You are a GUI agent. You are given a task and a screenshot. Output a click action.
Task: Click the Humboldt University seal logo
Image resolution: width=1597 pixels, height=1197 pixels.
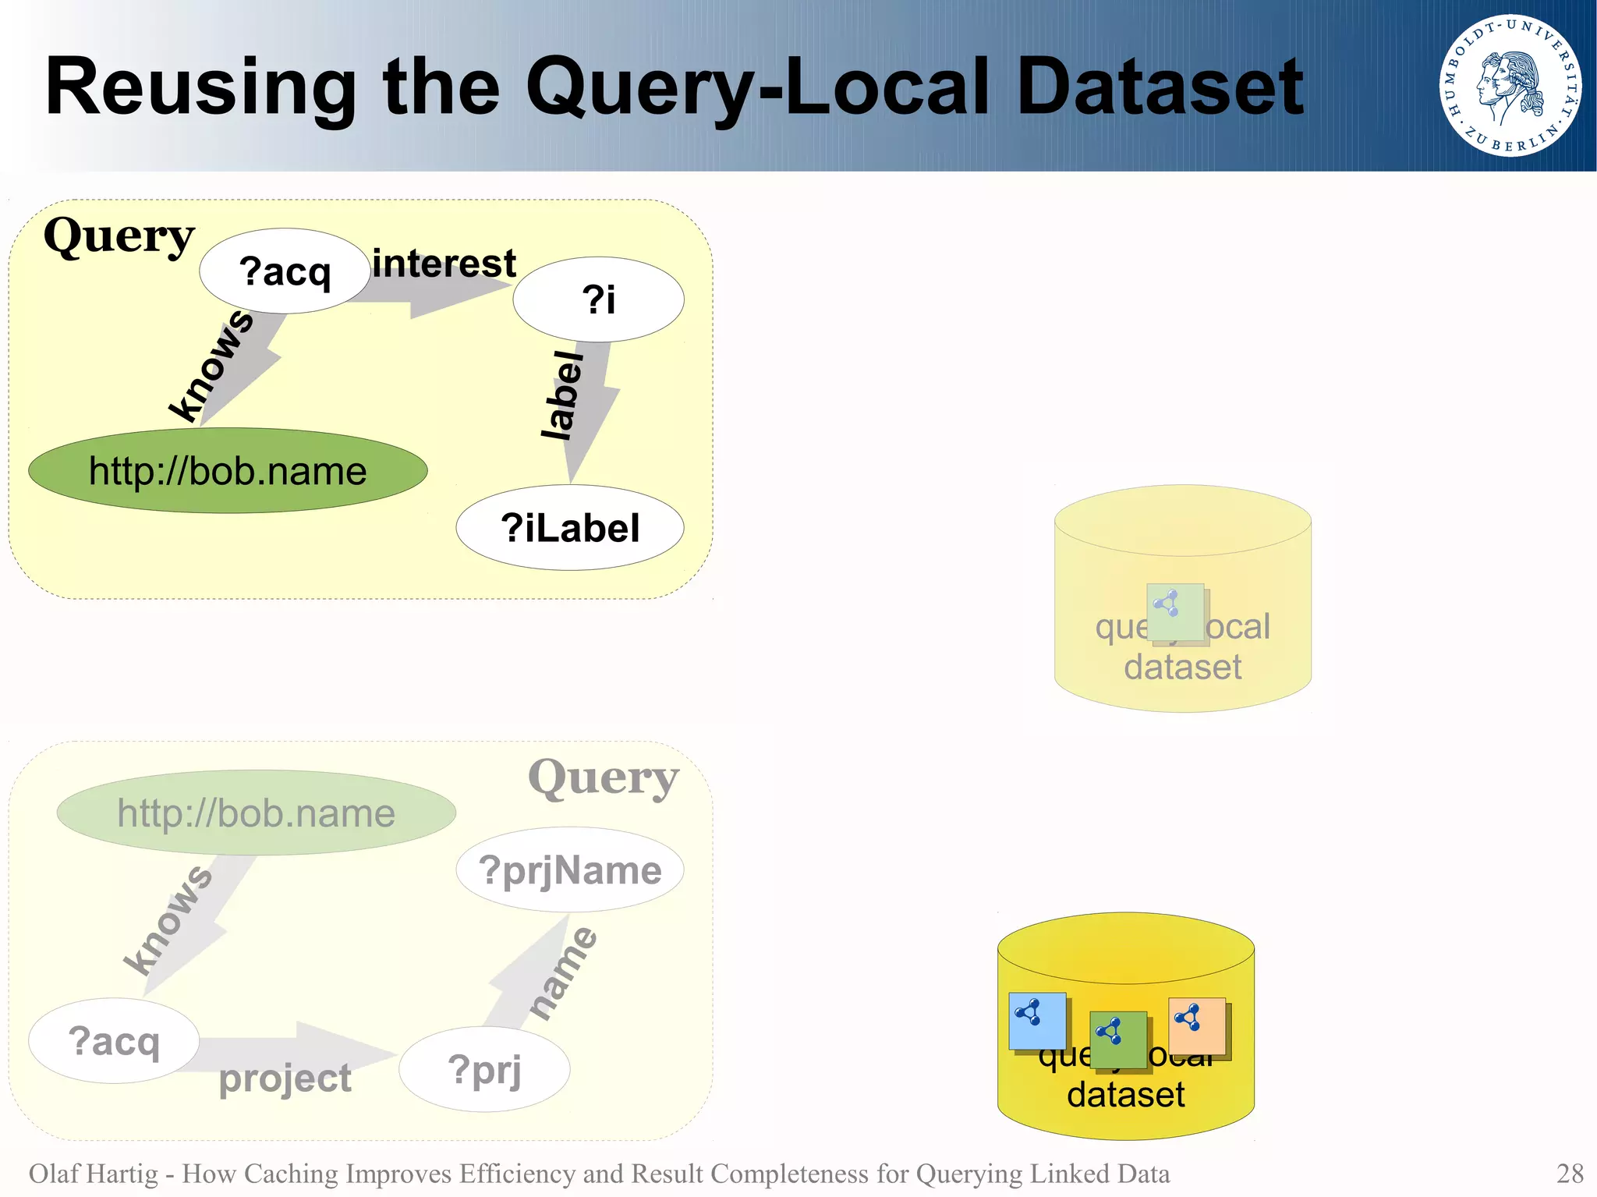[1510, 85]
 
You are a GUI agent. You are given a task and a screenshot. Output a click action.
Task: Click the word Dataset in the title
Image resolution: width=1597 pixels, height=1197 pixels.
[1160, 87]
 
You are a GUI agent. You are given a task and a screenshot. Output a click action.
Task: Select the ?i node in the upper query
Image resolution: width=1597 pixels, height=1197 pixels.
[598, 299]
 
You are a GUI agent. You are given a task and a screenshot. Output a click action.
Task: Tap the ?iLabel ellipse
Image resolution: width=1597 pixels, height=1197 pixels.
[570, 528]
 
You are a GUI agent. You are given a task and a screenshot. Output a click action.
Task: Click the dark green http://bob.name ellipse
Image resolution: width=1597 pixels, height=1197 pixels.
[228, 471]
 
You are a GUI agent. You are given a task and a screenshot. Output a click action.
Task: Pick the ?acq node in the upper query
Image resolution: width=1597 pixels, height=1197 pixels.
[285, 271]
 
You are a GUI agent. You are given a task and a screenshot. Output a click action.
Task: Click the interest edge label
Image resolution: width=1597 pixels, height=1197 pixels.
[444, 264]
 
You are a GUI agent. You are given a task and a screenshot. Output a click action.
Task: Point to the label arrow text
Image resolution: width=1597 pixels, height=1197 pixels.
[563, 395]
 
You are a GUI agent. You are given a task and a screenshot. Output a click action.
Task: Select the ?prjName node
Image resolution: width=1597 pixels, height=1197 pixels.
[570, 869]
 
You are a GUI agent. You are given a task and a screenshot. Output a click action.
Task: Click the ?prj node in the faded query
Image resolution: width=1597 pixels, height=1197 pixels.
[484, 1069]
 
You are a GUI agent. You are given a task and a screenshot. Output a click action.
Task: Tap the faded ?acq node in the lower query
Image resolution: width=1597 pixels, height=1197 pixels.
[114, 1041]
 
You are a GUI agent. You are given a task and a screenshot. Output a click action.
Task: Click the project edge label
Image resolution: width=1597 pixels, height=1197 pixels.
[285, 1078]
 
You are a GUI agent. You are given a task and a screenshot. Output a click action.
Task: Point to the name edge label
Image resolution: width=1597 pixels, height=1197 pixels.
[562, 972]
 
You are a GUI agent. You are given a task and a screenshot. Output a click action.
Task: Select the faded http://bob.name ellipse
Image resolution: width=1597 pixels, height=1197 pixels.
[256, 813]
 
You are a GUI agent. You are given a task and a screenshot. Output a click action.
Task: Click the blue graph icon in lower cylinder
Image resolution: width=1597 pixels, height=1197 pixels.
[1036, 1020]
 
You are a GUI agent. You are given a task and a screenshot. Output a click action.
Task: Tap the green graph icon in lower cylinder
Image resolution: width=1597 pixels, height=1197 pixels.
[1117, 1039]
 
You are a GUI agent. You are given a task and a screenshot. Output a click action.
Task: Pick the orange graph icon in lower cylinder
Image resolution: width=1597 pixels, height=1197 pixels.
[1196, 1025]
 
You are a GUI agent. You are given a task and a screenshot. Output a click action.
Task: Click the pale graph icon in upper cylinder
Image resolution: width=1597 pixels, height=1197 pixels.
[1175, 612]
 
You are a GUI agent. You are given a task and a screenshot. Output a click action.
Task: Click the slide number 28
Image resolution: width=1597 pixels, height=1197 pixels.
[1569, 1173]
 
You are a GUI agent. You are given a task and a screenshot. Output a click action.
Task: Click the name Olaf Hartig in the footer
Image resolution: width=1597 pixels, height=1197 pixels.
[93, 1174]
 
